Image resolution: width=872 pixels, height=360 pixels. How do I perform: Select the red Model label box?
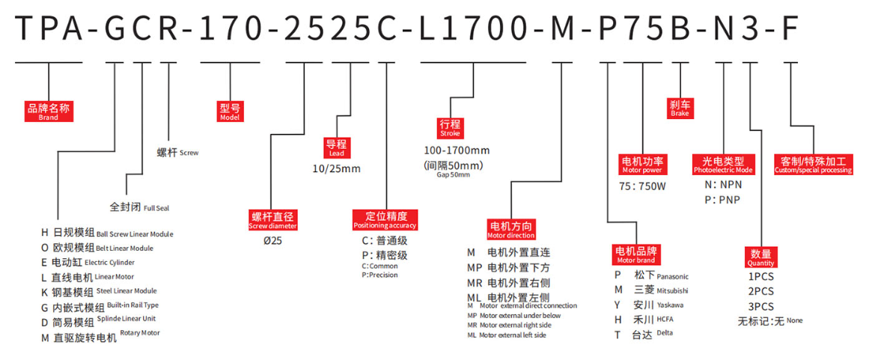[x=229, y=112]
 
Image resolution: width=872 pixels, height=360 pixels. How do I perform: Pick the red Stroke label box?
[x=451, y=128]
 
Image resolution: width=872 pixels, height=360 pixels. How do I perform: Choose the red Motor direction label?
[x=510, y=229]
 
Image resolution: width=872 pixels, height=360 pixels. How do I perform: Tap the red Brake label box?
[x=680, y=108]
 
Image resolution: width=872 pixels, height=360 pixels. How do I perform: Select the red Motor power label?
[x=643, y=165]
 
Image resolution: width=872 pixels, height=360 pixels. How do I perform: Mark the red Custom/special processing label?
[x=813, y=165]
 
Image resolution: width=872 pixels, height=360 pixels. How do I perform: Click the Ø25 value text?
[x=273, y=241]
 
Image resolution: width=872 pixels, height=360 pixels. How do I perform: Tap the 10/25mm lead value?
[x=337, y=168]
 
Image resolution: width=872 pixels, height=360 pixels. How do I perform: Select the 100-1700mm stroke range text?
[x=457, y=150]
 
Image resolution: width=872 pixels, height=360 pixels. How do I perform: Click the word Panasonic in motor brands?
[x=672, y=276]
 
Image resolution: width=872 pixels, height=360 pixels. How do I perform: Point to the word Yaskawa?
[x=670, y=305]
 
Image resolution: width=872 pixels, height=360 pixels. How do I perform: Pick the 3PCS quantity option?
[x=761, y=306]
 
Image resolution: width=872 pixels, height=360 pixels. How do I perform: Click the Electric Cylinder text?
[x=109, y=262]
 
